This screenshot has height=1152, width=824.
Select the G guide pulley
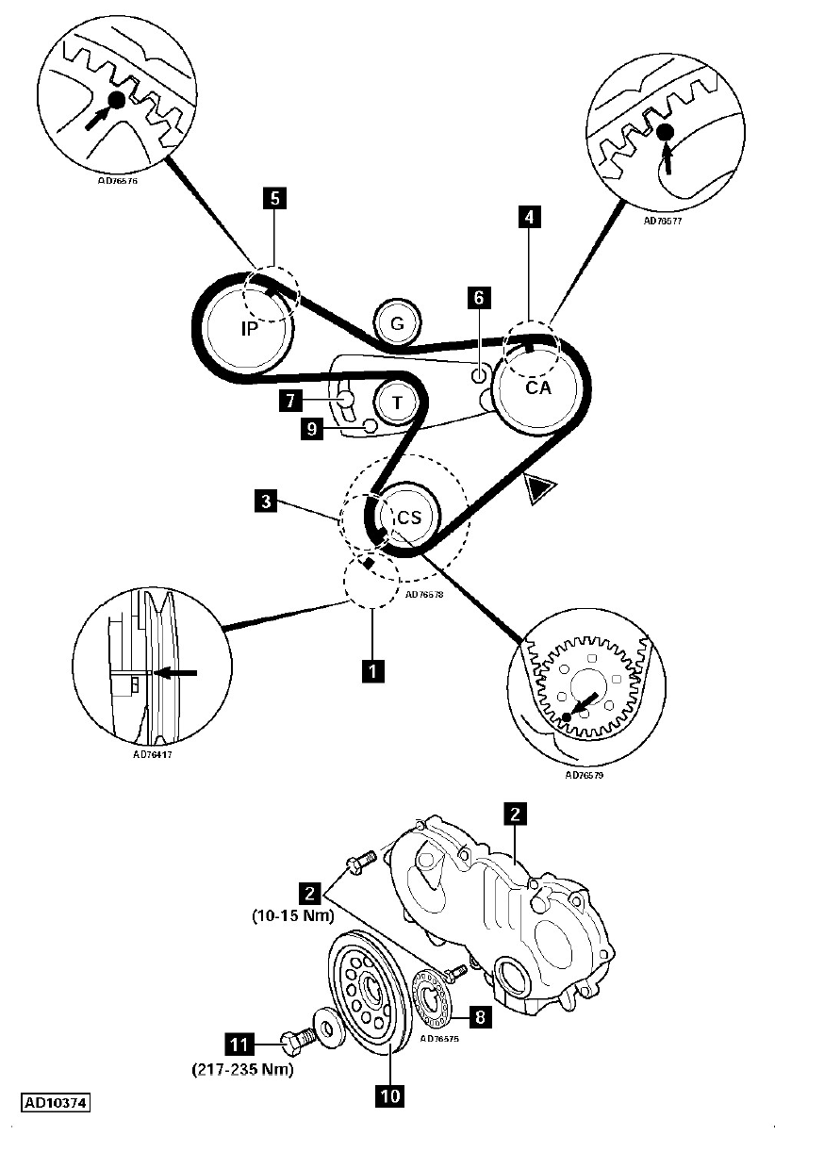click(x=397, y=323)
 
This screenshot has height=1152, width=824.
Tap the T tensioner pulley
click(x=398, y=403)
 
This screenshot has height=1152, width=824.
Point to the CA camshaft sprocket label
click(x=537, y=387)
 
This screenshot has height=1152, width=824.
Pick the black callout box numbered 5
click(x=273, y=198)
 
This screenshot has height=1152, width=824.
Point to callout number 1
click(x=373, y=670)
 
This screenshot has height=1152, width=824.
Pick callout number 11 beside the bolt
click(x=239, y=1045)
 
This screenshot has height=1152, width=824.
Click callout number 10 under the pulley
click(x=389, y=1095)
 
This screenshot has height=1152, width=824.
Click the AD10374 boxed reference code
click(x=56, y=1101)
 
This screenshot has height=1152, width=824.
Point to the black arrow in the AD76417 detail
click(x=176, y=673)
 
